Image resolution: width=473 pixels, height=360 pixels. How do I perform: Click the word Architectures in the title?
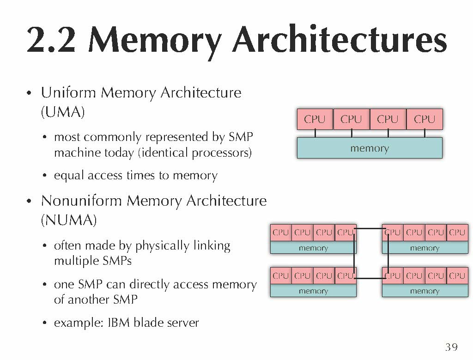click(339, 41)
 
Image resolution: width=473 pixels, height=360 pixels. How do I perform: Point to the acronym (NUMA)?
click(69, 220)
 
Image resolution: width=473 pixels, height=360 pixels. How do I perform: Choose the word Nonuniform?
click(82, 201)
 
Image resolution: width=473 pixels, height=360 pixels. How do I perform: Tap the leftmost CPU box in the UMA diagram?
click(315, 119)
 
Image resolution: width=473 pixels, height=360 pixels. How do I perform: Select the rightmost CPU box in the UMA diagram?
click(424, 119)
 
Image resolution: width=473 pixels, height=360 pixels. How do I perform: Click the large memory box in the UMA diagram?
click(370, 148)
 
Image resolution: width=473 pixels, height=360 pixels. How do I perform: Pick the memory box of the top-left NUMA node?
click(313, 248)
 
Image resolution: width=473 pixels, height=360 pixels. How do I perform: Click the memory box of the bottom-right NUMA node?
click(424, 291)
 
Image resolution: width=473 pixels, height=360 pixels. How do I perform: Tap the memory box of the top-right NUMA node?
click(424, 248)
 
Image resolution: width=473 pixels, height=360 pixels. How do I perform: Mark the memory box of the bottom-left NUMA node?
click(313, 291)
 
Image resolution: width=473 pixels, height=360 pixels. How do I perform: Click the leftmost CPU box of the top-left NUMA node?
click(280, 232)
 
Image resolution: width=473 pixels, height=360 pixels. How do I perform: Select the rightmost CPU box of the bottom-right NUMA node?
click(457, 276)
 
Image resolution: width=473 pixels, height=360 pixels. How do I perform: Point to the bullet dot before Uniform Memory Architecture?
click(29, 94)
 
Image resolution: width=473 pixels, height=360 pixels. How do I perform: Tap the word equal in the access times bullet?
click(67, 176)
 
